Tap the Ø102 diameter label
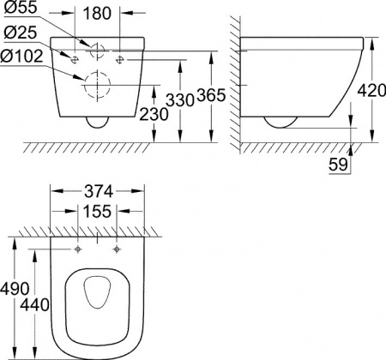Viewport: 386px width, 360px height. click(22, 57)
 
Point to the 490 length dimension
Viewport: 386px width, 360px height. click(15, 290)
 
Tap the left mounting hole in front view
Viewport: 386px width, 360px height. click(75, 58)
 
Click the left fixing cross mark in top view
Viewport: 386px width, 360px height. click(78, 249)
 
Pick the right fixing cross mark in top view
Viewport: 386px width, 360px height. click(114, 249)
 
